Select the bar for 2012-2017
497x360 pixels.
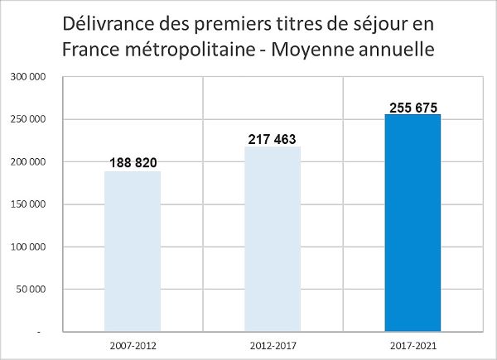click(273, 239)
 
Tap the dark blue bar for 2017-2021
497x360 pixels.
click(413, 223)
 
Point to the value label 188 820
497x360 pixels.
click(133, 161)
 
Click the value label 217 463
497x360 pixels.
click(272, 138)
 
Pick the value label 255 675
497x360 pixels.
click(413, 107)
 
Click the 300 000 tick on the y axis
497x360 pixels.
click(28, 77)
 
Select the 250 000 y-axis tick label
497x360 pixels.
click(28, 120)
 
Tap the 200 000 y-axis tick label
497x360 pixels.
click(28, 162)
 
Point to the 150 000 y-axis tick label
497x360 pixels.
click(28, 204)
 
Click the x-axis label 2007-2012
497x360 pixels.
click(133, 343)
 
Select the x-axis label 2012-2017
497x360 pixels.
click(273, 343)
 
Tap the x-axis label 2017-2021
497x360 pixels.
click(413, 343)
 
